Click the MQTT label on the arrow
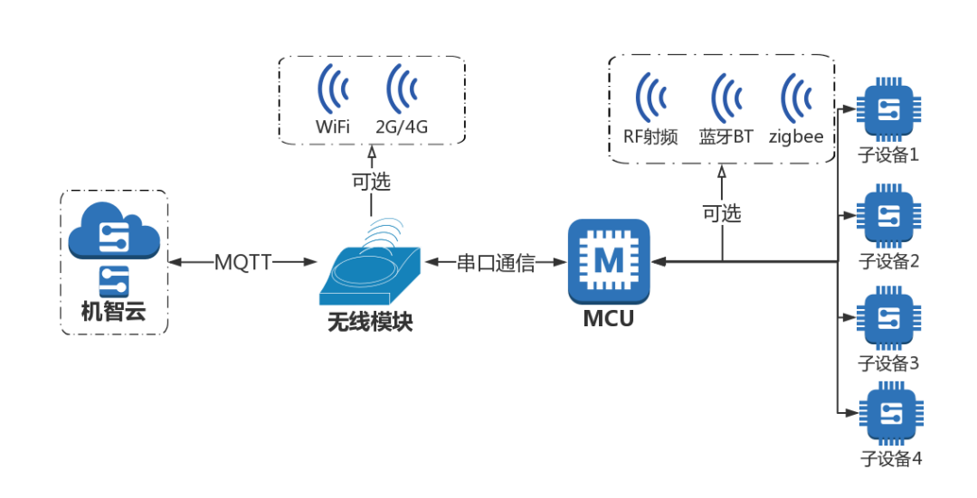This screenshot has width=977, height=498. (x=242, y=262)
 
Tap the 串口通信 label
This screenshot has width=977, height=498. (x=496, y=263)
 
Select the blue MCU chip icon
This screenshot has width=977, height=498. (x=609, y=260)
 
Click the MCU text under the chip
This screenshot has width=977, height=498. (x=609, y=319)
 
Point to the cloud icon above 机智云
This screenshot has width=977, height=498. (x=114, y=231)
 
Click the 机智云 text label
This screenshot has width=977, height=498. (x=113, y=313)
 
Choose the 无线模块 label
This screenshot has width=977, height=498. (x=370, y=322)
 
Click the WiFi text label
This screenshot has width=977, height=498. (x=333, y=127)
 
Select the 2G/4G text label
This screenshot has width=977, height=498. (x=402, y=127)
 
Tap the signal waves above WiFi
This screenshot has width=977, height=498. (x=333, y=88)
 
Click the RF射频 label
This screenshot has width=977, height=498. (x=650, y=137)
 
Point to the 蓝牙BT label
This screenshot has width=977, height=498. (x=726, y=137)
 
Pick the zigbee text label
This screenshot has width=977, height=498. (x=796, y=137)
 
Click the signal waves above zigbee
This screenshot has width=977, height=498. (x=796, y=98)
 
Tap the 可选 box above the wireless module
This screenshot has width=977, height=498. (x=371, y=182)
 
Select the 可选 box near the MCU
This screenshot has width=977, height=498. (x=722, y=213)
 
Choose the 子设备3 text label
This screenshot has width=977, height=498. (x=889, y=363)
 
